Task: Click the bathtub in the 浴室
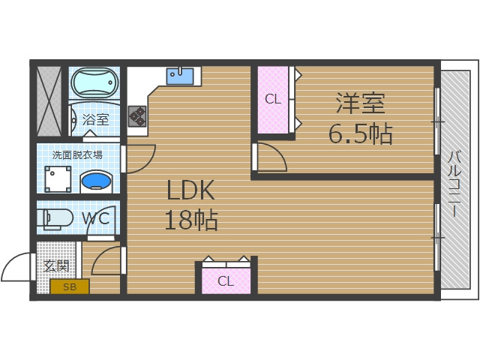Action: click(x=94, y=84)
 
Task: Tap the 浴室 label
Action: click(x=95, y=119)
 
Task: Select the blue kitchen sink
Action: click(x=179, y=76)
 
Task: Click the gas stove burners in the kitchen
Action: click(x=137, y=115)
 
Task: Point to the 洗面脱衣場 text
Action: click(x=77, y=155)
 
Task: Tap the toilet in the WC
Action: click(x=57, y=218)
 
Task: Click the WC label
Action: click(x=96, y=219)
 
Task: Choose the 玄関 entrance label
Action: click(x=56, y=266)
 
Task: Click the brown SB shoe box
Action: click(x=70, y=286)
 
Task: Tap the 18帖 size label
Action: click(x=190, y=220)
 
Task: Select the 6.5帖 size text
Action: click(x=360, y=133)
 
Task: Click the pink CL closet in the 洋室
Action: click(x=273, y=99)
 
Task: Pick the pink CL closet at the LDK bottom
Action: click(x=226, y=280)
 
